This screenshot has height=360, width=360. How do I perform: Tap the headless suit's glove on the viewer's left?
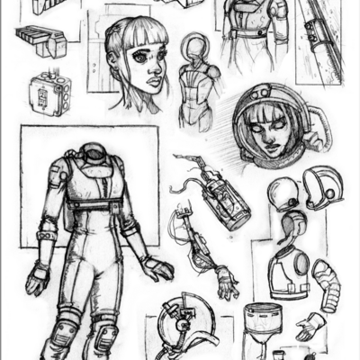tap(38, 277)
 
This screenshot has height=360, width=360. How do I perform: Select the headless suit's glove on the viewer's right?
tap(157, 267)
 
